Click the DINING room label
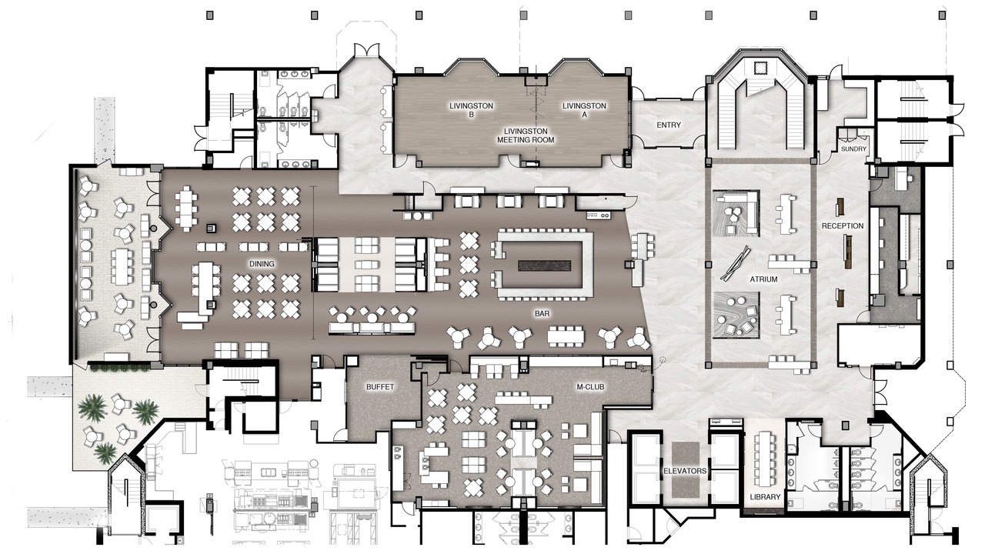click(262, 264)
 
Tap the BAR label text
click(543, 313)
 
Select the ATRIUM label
click(764, 279)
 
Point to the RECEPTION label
click(843, 225)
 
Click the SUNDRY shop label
click(853, 149)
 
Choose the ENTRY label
click(669, 125)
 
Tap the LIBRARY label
click(765, 497)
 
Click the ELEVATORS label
click(685, 471)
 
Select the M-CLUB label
click(590, 387)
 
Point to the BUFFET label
click(380, 387)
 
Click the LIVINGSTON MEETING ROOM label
click(526, 135)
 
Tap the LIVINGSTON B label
click(471, 110)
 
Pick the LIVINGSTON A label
click(584, 110)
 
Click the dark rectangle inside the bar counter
click(544, 265)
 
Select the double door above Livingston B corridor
click(367, 49)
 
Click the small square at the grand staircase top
click(760, 68)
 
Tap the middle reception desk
click(848, 251)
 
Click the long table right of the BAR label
click(566, 336)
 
